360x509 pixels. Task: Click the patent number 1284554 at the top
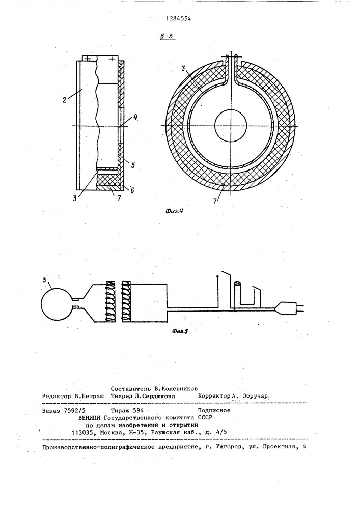[x=179, y=18]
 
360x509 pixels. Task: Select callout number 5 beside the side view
[x=132, y=165]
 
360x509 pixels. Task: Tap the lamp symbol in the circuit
[x=236, y=289]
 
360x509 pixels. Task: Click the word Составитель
[x=133, y=387]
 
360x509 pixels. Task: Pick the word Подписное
[x=214, y=410]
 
